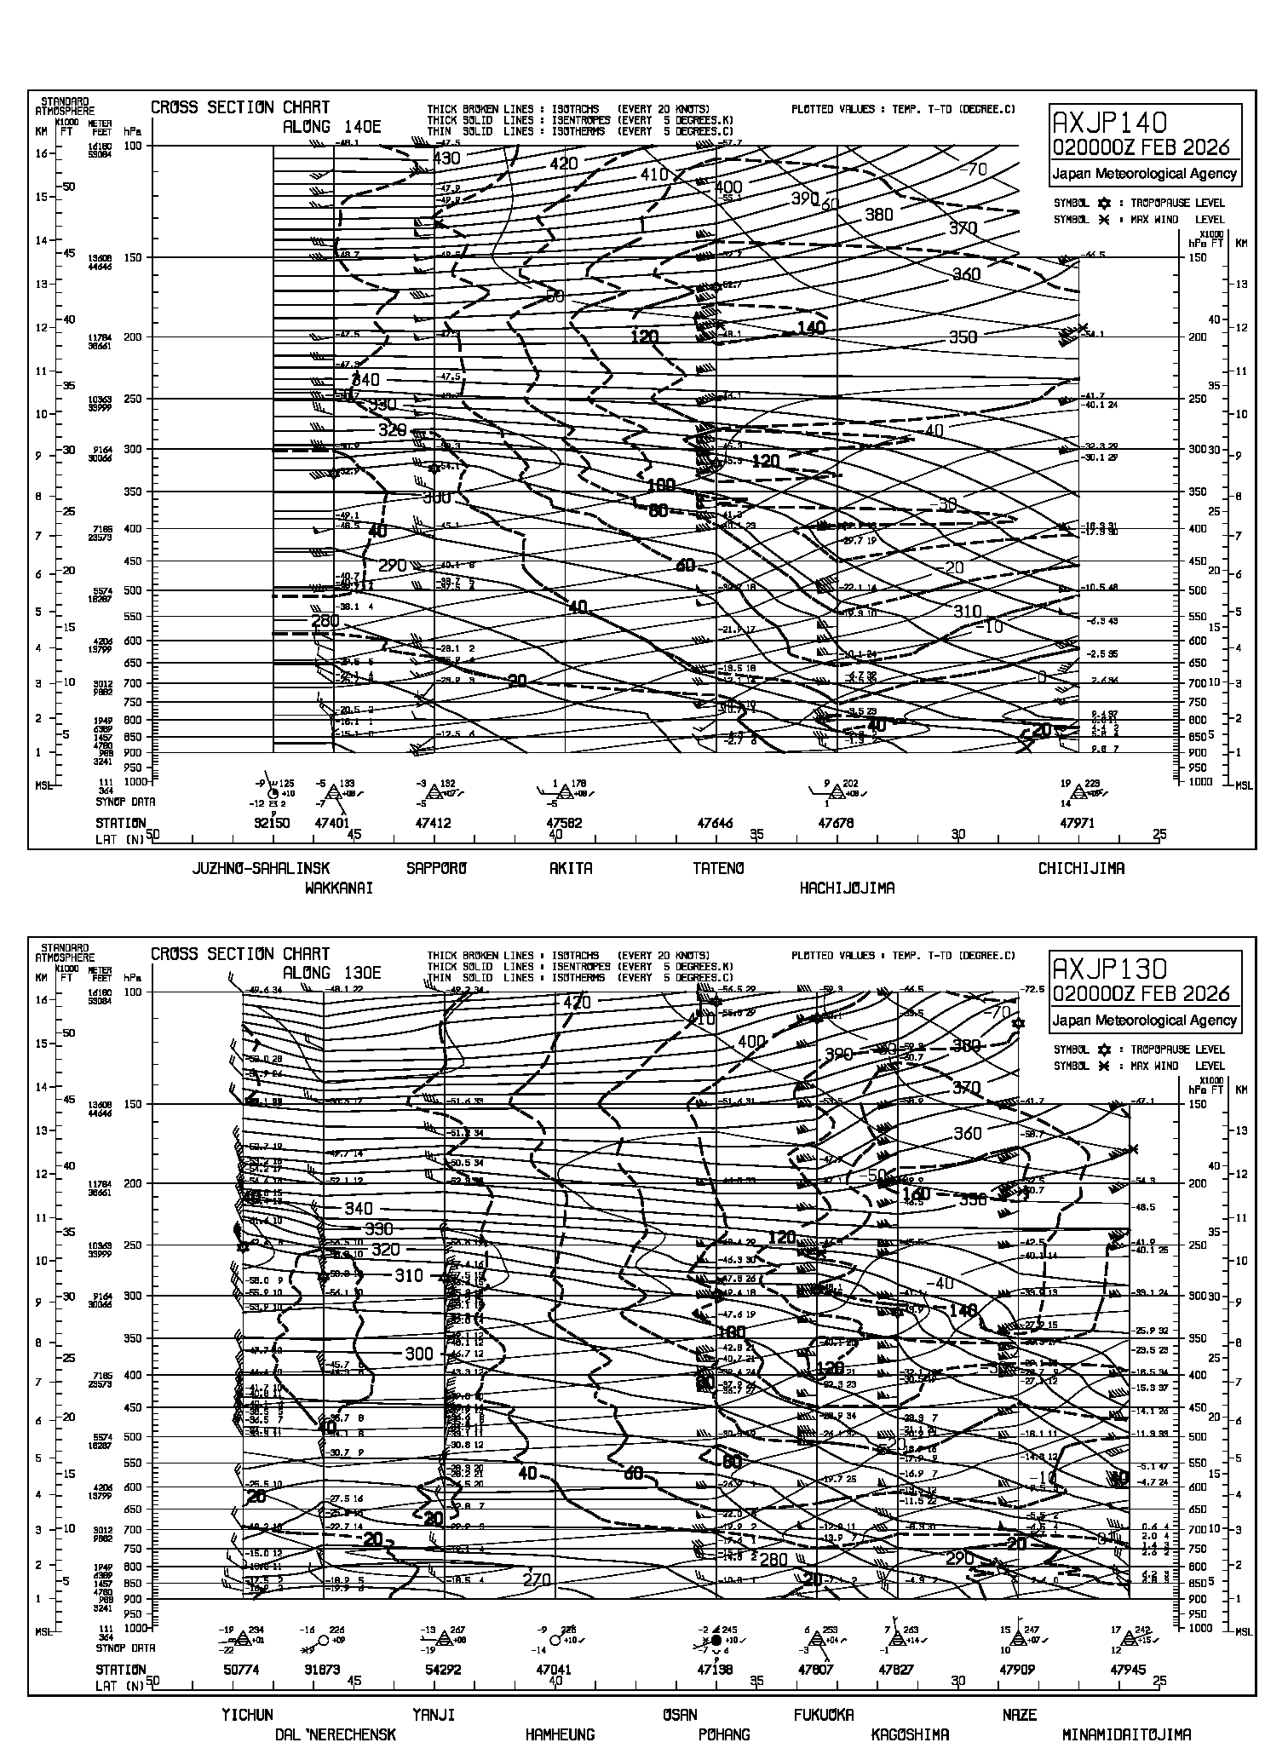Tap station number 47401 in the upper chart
[332, 824]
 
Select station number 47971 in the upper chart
[1077, 824]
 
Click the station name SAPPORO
[437, 869]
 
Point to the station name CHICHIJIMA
[1081, 869]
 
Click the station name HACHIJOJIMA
[847, 889]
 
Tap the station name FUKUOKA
[823, 1715]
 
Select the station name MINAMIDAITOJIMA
[1126, 1734]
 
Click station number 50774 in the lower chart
[242, 1671]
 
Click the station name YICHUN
[247, 1715]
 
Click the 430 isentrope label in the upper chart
[446, 158]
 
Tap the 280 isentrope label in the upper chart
[325, 621]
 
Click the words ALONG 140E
[332, 127]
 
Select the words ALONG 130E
[332, 974]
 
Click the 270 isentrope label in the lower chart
[537, 1579]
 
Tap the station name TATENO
[718, 869]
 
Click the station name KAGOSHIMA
[910, 1734]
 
